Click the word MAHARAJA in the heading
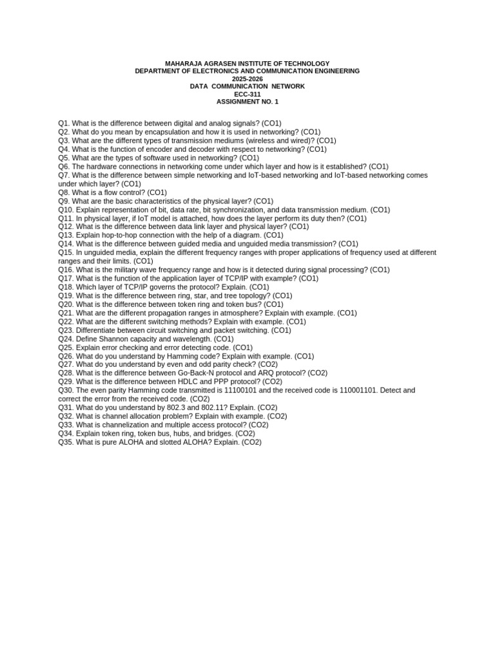pyautogui.click(x=183, y=63)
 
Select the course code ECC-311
pyautogui.click(x=247, y=94)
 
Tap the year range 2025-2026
pyautogui.click(x=247, y=79)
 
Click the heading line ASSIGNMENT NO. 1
pyautogui.click(x=247, y=102)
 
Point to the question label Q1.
pyautogui.click(x=63, y=123)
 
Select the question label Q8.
pyautogui.click(x=63, y=192)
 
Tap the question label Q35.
pyautogui.click(x=66, y=442)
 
